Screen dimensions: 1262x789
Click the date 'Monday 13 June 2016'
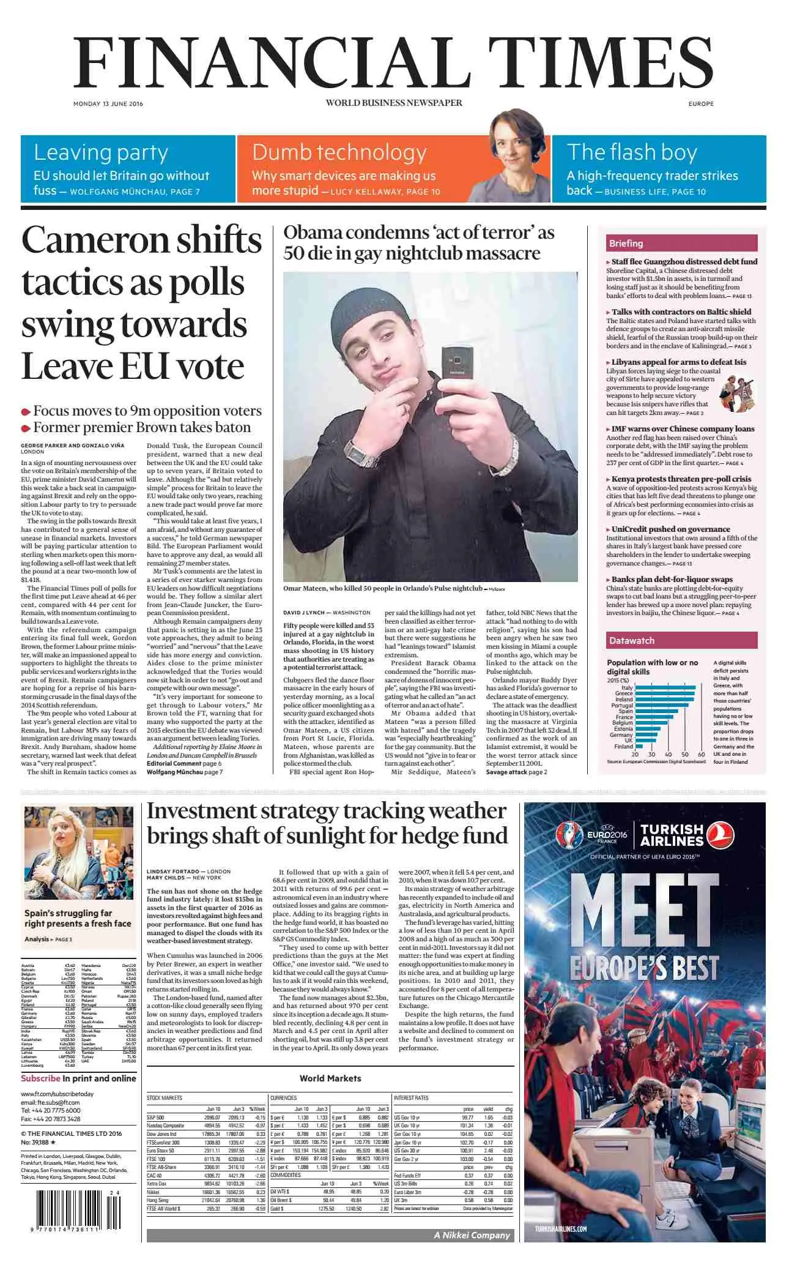coord(108,103)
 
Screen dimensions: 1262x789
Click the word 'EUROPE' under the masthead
coord(701,103)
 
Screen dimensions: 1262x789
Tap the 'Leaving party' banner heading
coord(101,152)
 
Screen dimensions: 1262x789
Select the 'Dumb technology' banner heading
coord(339,152)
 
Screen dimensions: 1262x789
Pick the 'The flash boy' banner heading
coord(632,152)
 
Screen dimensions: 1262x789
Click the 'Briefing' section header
coord(626,244)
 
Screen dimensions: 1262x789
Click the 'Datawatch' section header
coord(631,640)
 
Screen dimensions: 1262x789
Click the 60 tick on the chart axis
coord(702,755)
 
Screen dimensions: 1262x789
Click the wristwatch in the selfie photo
coord(356,449)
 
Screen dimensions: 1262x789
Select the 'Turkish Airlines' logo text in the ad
coord(672,835)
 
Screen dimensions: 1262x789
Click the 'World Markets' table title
coord(330,1078)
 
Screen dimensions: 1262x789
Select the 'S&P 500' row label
coord(155,1118)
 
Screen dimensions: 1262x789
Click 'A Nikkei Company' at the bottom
coord(472,1235)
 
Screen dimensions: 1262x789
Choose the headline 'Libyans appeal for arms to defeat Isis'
coord(679,362)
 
